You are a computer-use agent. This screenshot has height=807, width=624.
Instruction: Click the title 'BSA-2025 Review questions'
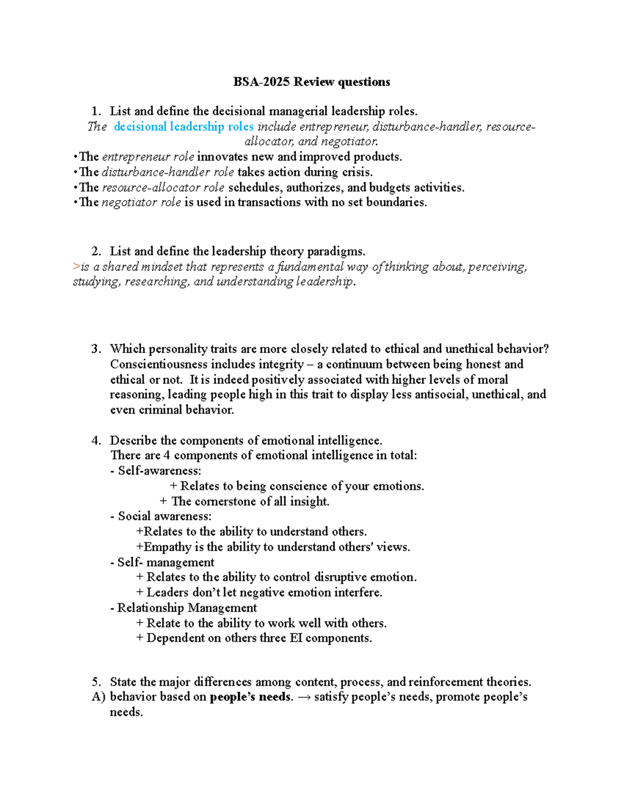[x=311, y=82]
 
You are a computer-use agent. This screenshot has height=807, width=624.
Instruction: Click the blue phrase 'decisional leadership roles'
[x=184, y=127]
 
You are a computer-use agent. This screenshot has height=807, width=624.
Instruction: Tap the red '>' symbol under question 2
[x=76, y=267]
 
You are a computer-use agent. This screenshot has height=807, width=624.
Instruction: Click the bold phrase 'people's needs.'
[x=251, y=697]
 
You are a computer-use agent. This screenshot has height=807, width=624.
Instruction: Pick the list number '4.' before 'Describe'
[x=96, y=441]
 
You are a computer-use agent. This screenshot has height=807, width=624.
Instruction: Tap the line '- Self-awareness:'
[x=156, y=471]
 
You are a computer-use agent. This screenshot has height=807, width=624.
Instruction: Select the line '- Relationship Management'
[x=184, y=608]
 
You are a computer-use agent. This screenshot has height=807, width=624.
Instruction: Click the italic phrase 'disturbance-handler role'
[x=167, y=173]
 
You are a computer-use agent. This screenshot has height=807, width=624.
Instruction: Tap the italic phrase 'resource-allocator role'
[x=163, y=188]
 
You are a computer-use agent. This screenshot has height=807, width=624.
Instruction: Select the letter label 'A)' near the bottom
[x=98, y=697]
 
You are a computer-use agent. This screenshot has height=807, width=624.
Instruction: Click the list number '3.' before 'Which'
[x=96, y=349]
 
